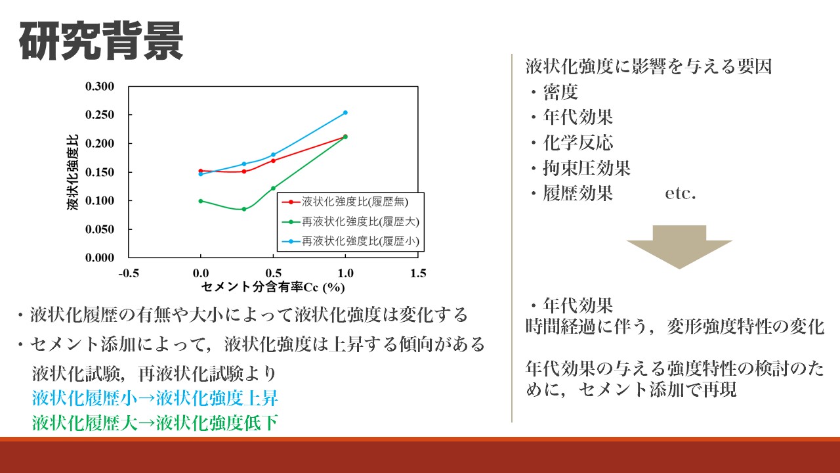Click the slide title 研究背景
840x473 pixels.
[101, 41]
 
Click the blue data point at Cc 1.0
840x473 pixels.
[345, 112]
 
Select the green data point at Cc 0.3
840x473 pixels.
[244, 209]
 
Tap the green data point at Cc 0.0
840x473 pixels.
[201, 201]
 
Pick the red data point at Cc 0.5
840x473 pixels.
[273, 161]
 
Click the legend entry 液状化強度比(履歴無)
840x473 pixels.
[345, 202]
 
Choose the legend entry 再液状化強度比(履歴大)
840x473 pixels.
[350, 222]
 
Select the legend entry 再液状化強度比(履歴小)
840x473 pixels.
[350, 241]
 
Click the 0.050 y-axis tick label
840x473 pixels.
[100, 229]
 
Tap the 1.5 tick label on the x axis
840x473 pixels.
[418, 273]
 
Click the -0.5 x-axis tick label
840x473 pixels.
[129, 273]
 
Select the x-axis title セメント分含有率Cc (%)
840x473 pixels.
[273, 287]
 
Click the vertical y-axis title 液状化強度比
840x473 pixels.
[72, 172]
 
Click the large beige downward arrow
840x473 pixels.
[679, 247]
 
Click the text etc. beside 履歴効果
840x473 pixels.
[681, 194]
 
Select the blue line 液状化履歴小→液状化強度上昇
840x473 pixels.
[155, 398]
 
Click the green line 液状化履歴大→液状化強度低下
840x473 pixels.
[155, 423]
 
